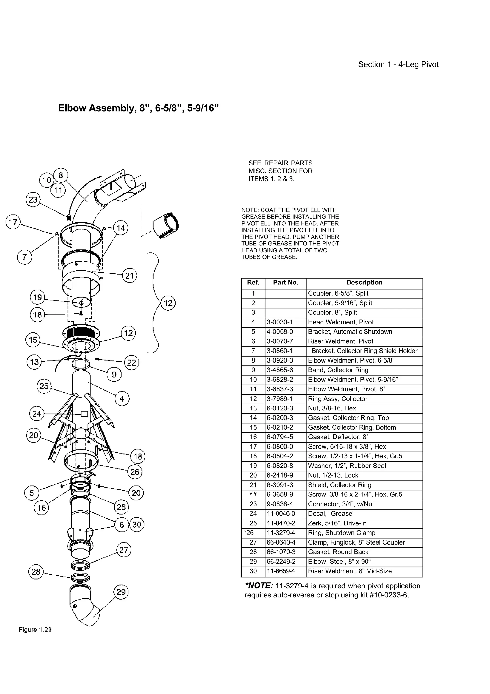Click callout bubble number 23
33,199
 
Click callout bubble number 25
44,386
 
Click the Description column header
364,283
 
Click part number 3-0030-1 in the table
279,322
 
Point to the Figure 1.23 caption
35,630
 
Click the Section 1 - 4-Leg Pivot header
398,64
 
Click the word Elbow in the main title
72,108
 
